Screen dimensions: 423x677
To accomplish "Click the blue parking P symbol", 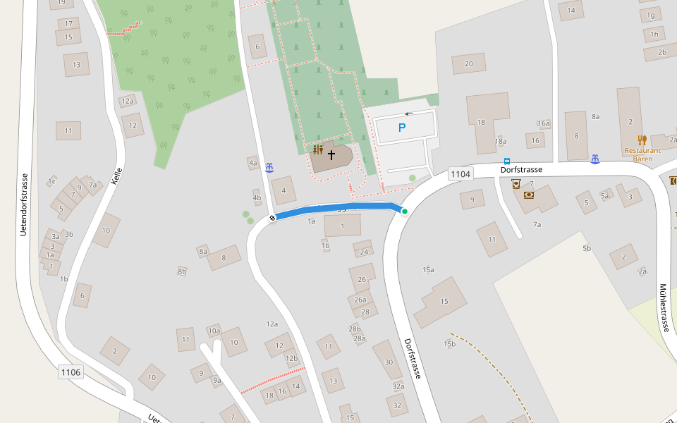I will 402,128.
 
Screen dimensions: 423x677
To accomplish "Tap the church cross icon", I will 331,154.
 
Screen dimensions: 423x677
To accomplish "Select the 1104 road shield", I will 460,173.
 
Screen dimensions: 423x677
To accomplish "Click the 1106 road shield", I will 71,372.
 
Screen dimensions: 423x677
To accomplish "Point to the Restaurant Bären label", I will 642,154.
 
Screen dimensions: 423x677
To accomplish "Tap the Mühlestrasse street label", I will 664,307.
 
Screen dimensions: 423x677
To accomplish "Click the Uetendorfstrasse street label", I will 23,204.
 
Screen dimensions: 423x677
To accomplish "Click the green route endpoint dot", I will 404,211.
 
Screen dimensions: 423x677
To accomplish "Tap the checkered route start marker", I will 272,218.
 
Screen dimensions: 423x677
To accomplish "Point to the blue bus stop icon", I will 507,161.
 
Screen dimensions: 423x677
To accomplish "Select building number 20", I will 468,63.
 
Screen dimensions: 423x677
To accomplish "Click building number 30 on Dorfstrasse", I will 389,362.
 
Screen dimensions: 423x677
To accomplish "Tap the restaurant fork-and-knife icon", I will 642,140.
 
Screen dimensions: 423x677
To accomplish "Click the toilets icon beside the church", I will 318,149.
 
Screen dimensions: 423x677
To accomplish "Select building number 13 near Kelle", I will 76,65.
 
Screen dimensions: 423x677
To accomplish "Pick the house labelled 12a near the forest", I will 127,102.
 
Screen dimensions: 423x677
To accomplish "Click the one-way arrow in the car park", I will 409,114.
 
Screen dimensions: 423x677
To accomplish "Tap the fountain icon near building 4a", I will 269,167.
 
